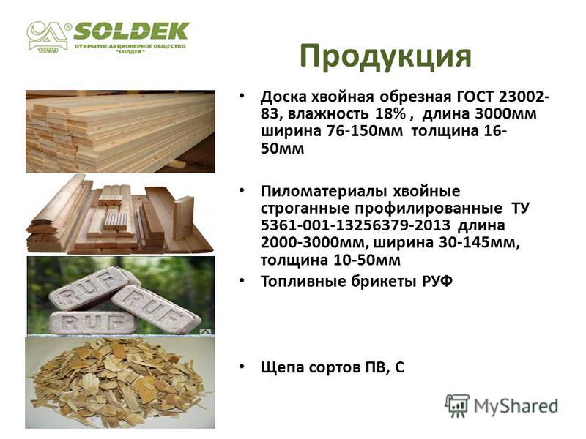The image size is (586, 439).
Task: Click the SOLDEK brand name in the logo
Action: (x=132, y=31)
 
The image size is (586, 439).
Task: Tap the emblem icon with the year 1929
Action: (x=47, y=37)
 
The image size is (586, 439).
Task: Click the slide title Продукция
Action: (x=385, y=57)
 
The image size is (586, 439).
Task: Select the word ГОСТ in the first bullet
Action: (x=475, y=97)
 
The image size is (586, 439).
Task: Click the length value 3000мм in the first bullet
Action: (x=505, y=114)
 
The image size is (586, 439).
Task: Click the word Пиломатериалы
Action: (x=324, y=191)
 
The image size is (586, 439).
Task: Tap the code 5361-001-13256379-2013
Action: (x=355, y=225)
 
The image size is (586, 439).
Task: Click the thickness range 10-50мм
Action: (x=366, y=260)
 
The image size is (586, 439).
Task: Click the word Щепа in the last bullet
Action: (x=284, y=368)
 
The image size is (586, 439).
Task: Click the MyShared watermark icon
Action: (x=457, y=405)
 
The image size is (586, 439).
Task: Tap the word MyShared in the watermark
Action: (x=516, y=406)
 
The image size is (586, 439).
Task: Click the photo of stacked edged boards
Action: (x=120, y=132)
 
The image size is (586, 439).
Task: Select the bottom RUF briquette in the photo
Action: (x=93, y=323)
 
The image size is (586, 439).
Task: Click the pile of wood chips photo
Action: (x=120, y=382)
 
